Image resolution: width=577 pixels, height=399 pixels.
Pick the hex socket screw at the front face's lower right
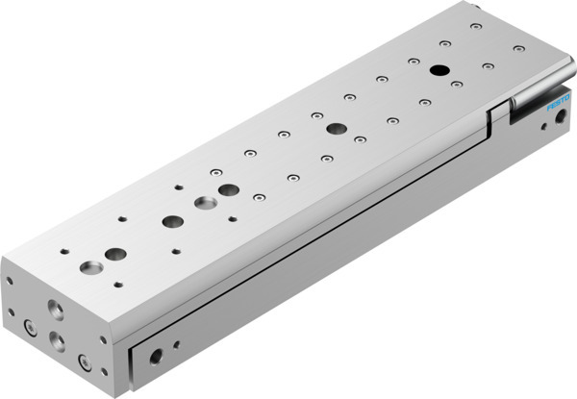[x=84, y=362]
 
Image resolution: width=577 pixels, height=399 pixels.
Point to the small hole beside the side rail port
[x=176, y=343]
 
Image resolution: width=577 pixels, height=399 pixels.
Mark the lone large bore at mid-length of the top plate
[x=335, y=128]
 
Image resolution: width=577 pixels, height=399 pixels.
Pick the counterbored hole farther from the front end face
[x=204, y=204]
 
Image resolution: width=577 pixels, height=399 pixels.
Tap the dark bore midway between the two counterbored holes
[x=172, y=221]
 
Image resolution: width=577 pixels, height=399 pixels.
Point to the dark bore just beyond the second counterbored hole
[x=228, y=190]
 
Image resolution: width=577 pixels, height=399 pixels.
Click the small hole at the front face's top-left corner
[x=10, y=282]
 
